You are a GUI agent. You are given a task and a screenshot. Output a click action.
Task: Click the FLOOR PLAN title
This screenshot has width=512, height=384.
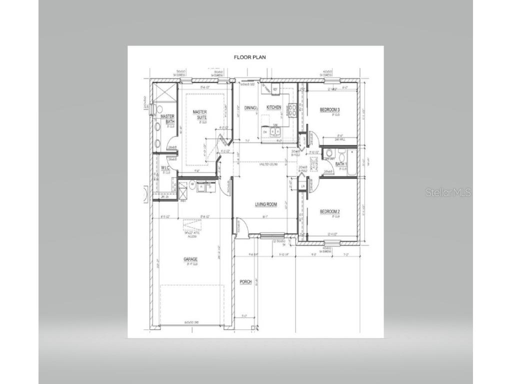250,57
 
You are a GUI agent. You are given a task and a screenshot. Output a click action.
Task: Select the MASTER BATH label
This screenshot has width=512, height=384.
167,119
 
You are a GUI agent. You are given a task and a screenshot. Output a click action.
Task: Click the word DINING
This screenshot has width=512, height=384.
250,107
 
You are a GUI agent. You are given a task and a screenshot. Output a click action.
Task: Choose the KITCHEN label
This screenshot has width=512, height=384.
273,107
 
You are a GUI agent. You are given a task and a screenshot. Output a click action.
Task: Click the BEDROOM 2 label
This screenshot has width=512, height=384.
330,211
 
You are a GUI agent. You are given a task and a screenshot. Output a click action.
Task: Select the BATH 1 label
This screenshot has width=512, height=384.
341,164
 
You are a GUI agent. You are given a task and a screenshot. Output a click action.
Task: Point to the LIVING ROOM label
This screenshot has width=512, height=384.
266,204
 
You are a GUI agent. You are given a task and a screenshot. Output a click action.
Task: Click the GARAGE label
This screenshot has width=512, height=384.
190,259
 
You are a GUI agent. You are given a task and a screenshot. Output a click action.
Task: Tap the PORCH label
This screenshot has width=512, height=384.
245,282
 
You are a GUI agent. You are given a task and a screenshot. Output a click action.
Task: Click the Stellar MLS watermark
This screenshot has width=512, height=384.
448,192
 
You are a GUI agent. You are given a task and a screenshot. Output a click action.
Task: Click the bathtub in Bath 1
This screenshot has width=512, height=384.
352,162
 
